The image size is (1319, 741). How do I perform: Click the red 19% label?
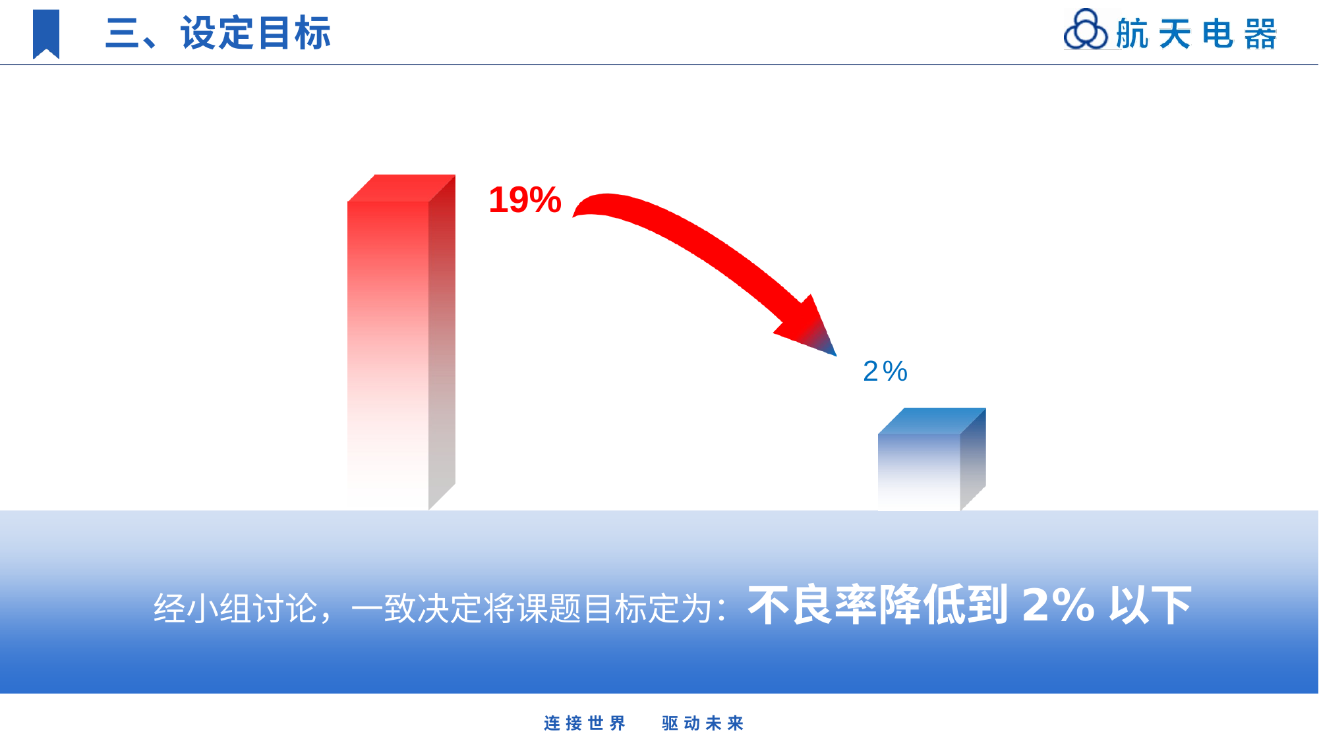tap(525, 200)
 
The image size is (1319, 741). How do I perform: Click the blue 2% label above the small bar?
tap(885, 371)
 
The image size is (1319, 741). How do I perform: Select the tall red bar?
tap(401, 343)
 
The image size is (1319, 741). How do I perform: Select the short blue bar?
tap(931, 459)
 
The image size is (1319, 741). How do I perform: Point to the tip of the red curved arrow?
tap(836, 356)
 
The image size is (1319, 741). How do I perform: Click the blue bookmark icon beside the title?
tap(46, 34)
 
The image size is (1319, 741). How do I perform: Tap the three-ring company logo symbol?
tap(1086, 30)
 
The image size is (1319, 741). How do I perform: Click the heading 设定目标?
tap(256, 33)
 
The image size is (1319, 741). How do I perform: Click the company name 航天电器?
tap(1196, 34)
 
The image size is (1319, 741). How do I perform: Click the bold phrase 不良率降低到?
tap(878, 605)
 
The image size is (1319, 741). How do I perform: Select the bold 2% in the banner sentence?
tap(1058, 605)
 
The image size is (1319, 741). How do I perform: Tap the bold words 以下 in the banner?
tap(1150, 605)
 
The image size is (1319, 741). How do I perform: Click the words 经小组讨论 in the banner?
tap(235, 608)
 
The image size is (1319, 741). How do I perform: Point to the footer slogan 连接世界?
tap(585, 723)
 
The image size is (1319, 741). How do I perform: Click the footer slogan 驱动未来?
tap(703, 723)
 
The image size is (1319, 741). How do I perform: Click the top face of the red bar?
tap(401, 188)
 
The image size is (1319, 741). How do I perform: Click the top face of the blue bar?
tap(931, 421)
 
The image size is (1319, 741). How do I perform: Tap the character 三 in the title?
tap(122, 33)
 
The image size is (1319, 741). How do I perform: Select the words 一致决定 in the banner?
tap(417, 608)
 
